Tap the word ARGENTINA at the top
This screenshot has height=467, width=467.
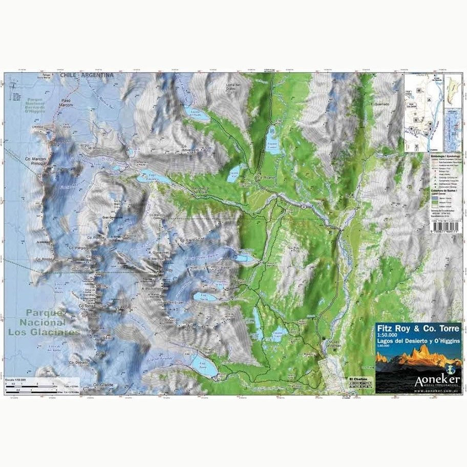pyautogui.click(x=96, y=75)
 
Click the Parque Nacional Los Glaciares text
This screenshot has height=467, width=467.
pyautogui.click(x=44, y=322)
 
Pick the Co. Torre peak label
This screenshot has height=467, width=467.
pyautogui.click(x=88, y=306)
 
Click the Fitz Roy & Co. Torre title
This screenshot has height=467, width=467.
pyautogui.click(x=418, y=327)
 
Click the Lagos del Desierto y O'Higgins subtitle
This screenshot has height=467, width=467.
pyautogui.click(x=419, y=340)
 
